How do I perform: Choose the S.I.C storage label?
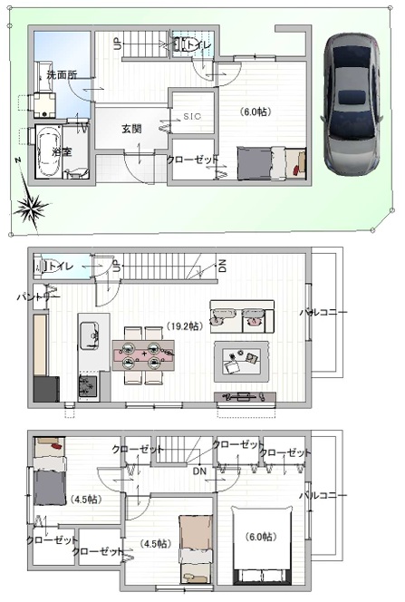pyautogui.click(x=192, y=117)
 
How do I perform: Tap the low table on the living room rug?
pyautogui.click(x=242, y=359)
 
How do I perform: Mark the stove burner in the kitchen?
pyautogui.click(x=89, y=387)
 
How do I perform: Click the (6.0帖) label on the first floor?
pyautogui.click(x=255, y=112)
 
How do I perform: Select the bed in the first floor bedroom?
pyautogui.click(x=272, y=163)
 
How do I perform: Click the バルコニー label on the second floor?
pyautogui.click(x=323, y=313)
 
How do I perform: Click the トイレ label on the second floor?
pyautogui.click(x=60, y=267)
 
